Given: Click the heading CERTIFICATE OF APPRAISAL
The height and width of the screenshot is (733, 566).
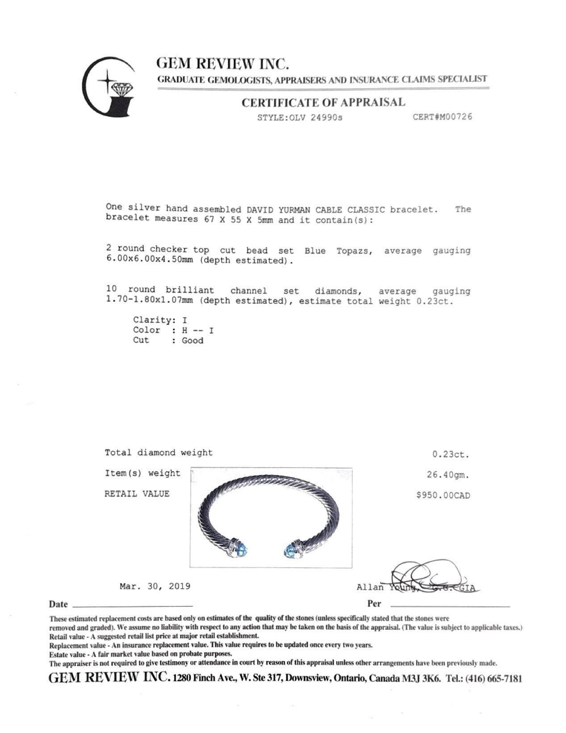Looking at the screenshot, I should click(323, 103).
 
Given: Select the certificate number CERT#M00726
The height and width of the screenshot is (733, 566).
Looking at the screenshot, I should click(442, 117).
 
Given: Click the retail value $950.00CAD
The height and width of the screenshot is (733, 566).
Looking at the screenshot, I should click(443, 495).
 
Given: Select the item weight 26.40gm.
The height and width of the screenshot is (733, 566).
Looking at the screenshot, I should click(448, 475).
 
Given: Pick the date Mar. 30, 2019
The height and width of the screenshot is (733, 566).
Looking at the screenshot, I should click(155, 586).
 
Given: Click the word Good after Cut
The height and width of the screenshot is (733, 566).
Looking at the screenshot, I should click(192, 340).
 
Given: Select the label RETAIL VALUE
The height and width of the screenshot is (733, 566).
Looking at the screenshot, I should click(137, 494).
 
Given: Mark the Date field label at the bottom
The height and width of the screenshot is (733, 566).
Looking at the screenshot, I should click(58, 604).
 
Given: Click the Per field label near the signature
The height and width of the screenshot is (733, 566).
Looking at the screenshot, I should click(373, 603).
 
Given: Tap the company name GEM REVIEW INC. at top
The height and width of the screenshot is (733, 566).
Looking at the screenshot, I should click(222, 64).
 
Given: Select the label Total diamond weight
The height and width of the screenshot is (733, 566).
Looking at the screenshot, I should click(159, 452).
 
